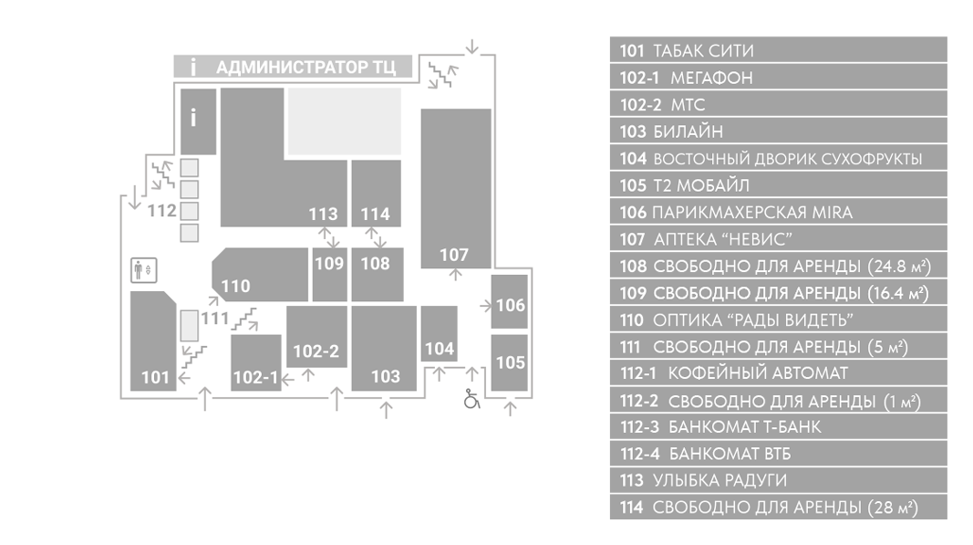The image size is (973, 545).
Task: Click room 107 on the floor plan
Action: tap(456, 188)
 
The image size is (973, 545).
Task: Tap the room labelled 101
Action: tap(152, 341)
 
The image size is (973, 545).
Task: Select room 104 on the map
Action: tap(440, 334)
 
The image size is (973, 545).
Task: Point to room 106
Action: tap(510, 301)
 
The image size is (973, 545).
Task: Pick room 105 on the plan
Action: tap(510, 363)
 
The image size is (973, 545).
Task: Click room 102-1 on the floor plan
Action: tap(255, 363)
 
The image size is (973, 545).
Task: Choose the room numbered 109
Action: tap(329, 274)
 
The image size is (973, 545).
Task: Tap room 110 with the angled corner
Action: tap(260, 274)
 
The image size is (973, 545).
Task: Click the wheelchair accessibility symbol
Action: tap(471, 399)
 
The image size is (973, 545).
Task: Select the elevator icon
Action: tap(144, 270)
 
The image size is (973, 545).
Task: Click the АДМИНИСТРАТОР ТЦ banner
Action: tap(293, 67)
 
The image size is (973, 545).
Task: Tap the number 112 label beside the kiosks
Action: tap(162, 211)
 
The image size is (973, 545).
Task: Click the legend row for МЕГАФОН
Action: tap(778, 77)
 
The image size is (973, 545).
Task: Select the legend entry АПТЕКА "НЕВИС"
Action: tap(778, 238)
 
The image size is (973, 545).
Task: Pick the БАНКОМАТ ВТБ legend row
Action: tap(778, 454)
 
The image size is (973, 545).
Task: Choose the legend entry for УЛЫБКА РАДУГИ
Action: tap(778, 480)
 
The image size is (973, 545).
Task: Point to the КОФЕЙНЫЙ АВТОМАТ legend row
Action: tap(778, 372)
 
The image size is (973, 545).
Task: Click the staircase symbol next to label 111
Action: tap(245, 319)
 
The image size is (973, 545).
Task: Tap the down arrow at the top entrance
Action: tap(472, 47)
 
